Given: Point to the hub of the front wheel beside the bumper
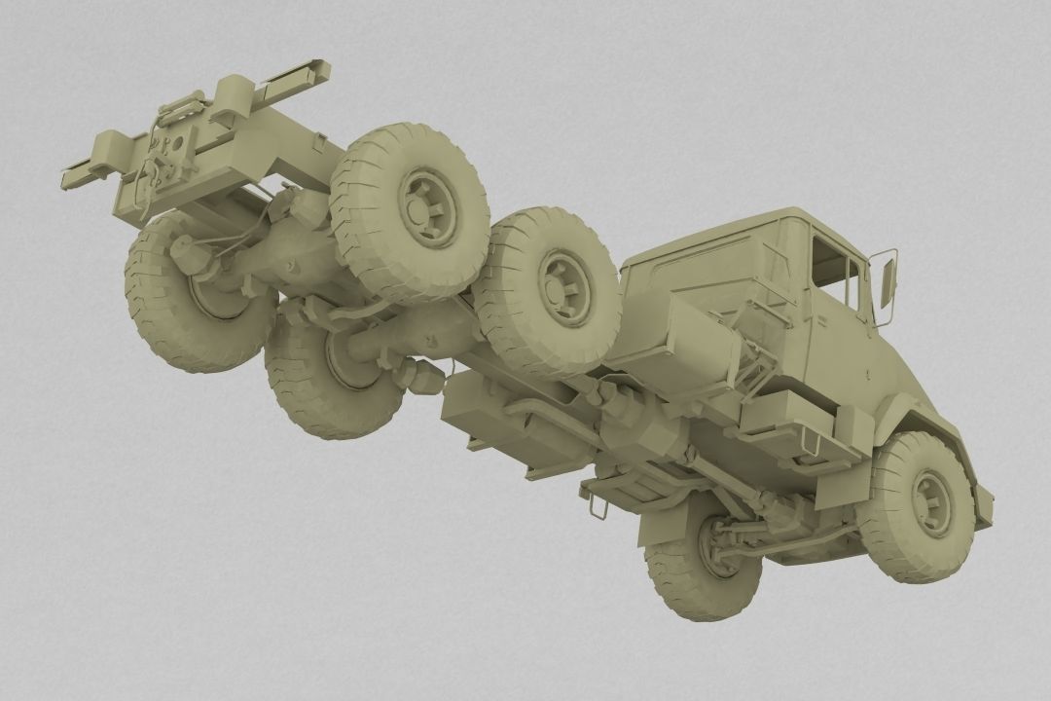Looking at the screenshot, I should pyautogui.click(x=931, y=502).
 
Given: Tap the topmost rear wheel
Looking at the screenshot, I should pyautogui.click(x=409, y=209).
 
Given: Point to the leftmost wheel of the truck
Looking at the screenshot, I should pyautogui.click(x=195, y=292).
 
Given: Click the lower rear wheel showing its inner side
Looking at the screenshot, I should pyautogui.click(x=336, y=375).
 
